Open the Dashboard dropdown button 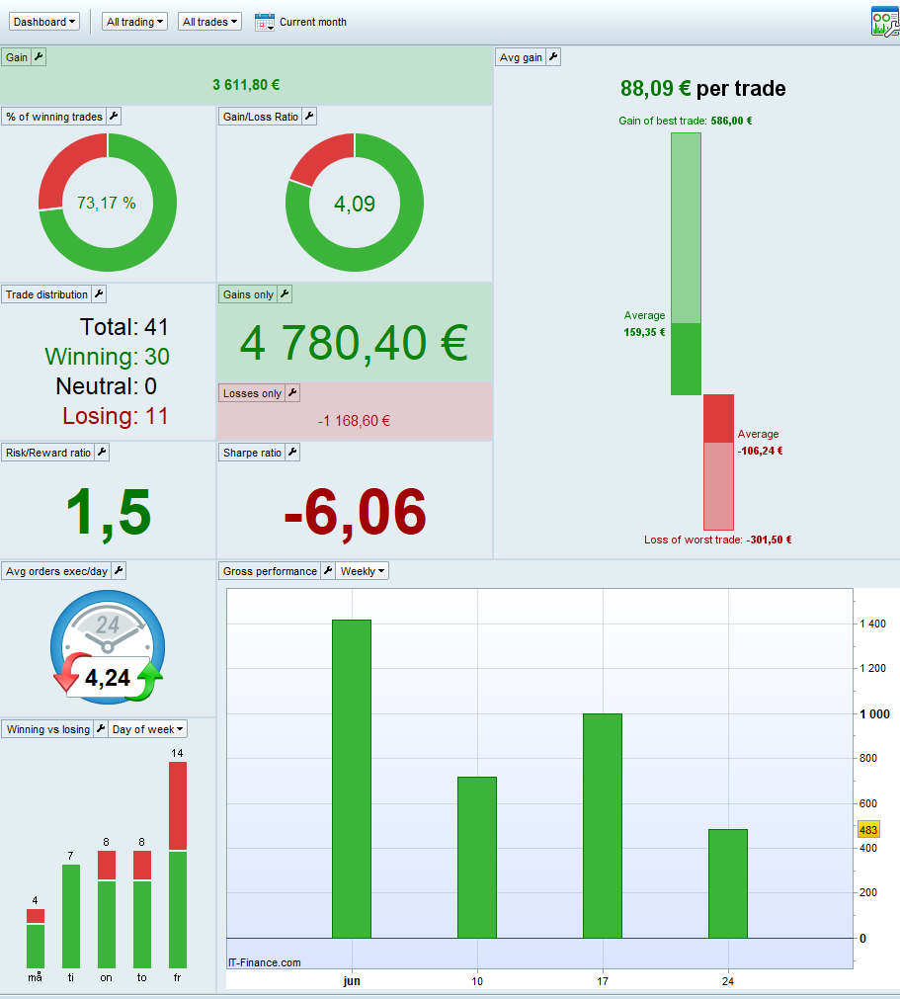click(44, 22)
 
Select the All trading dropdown click(134, 22)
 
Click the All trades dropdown click(210, 22)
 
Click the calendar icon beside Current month click(264, 22)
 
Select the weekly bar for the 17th click(603, 825)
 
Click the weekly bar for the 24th click(728, 883)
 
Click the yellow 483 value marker click(868, 830)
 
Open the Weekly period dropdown click(363, 571)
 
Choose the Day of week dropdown click(148, 729)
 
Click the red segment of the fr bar click(178, 805)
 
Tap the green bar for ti click(71, 916)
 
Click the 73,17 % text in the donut click(107, 204)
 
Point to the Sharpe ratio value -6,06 click(355, 512)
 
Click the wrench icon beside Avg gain click(553, 57)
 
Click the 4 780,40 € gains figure click(354, 343)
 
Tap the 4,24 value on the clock click(107, 679)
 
